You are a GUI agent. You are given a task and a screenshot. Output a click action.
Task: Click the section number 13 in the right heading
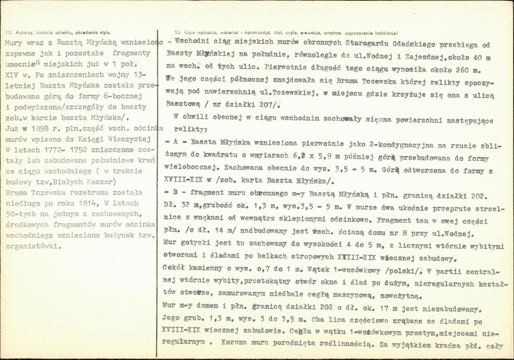(178, 32)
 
